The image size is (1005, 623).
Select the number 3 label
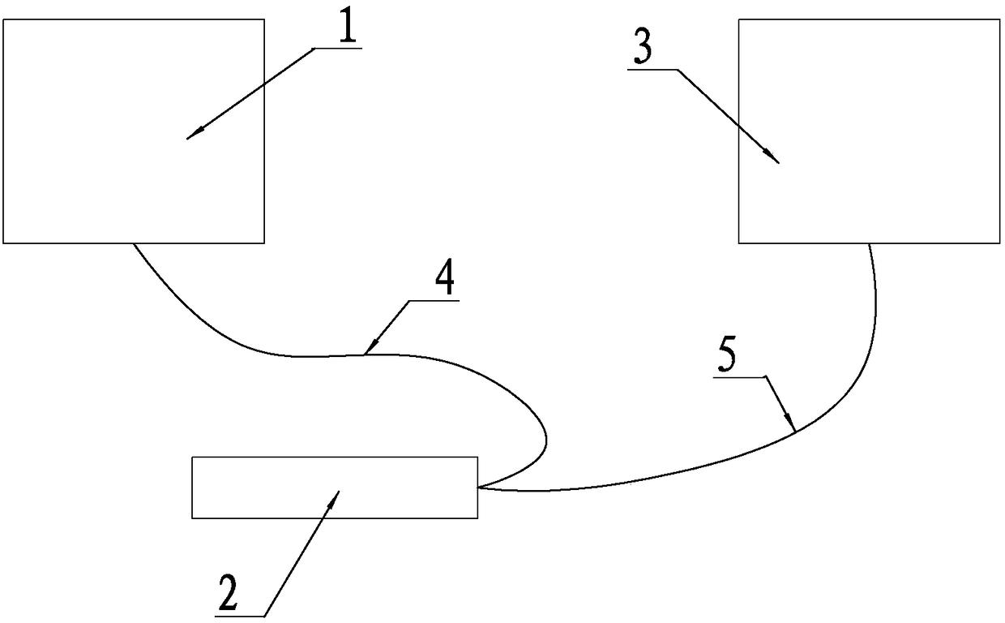pos(643,50)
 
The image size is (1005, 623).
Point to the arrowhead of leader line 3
pos(776,161)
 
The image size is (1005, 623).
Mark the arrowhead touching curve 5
pos(793,427)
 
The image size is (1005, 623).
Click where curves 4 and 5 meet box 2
pos(478,488)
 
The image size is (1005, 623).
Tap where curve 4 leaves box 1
pos(133,243)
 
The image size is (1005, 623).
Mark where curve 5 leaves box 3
pos(870,243)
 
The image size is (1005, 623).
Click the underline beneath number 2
pos(240,616)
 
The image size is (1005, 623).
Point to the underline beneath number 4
pos(434,301)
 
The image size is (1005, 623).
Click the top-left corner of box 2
pos(192,458)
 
